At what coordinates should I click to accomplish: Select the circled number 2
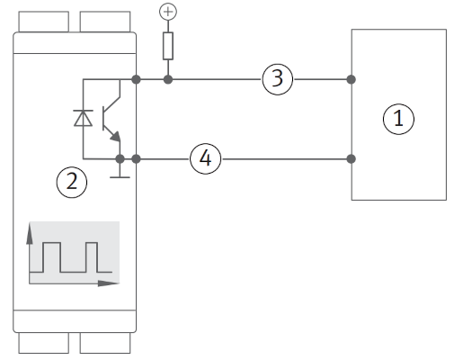72,183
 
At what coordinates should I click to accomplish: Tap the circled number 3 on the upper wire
278,79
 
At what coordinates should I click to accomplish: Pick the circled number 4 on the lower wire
205,159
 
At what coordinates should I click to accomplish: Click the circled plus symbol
165,13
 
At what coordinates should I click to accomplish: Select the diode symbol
84,118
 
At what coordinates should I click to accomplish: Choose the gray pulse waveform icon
72,254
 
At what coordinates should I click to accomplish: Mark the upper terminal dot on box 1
351,79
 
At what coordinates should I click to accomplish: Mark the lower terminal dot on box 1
351,159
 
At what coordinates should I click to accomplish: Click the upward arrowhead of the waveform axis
31,234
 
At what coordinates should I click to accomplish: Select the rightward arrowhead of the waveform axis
114,283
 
